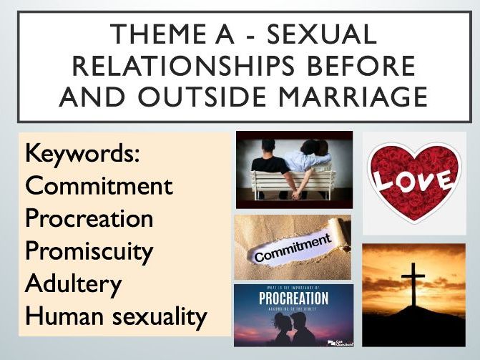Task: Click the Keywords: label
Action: pos(80,153)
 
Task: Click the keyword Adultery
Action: pos(73,283)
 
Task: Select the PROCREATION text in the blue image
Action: pos(293,298)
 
